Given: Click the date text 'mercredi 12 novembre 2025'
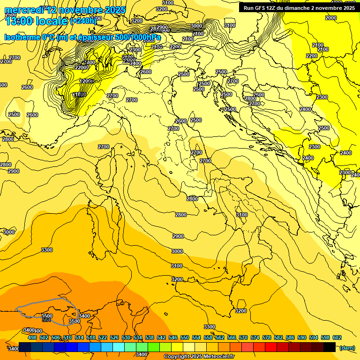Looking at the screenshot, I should (65, 10).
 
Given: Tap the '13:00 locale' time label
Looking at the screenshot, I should (36, 21).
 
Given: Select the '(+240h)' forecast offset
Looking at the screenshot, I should (83, 21).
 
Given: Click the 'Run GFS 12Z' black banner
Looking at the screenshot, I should (299, 7).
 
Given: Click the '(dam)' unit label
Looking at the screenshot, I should (347, 347).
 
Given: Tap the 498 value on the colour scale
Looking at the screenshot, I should (32, 337).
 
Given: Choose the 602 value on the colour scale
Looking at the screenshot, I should (337, 337).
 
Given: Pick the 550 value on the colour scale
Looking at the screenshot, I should (184, 337).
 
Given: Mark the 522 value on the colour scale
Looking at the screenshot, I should (102, 337).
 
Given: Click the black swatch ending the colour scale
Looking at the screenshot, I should (330, 347).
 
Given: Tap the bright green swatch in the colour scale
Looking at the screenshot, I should (154, 347).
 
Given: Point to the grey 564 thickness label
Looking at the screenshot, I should (46, 320).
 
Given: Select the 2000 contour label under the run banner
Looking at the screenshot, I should (330, 18).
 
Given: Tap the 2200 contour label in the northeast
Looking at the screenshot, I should (312, 56).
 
